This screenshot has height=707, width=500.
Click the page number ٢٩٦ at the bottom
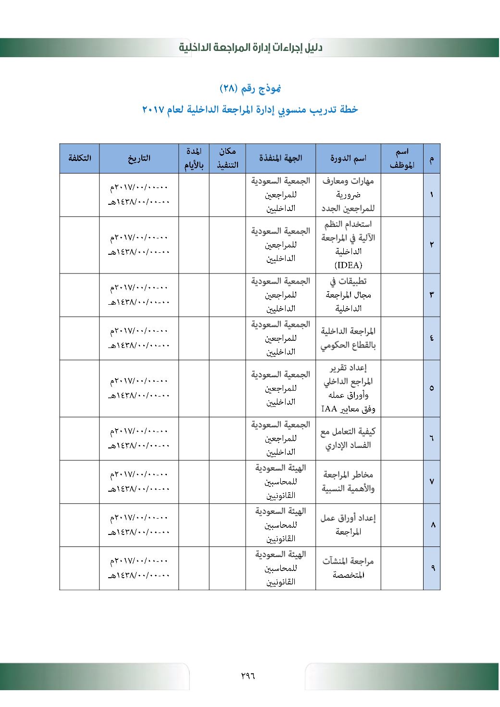(248, 676)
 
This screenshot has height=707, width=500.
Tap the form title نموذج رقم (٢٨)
(250, 88)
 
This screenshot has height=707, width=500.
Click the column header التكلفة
(79, 158)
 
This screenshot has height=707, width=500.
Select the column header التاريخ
(139, 158)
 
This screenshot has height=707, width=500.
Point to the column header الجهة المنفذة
(281, 158)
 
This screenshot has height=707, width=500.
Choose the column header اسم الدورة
(348, 158)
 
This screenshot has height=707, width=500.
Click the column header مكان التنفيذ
(227, 158)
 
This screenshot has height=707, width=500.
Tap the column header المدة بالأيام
(194, 158)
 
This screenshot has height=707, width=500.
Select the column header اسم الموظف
(402, 158)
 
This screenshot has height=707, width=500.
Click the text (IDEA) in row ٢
(348, 265)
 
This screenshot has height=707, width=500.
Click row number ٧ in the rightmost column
(432, 482)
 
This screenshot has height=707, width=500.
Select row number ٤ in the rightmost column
(432, 338)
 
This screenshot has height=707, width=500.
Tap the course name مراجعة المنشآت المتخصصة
(348, 568)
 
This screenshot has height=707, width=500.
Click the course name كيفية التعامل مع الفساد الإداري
(348, 438)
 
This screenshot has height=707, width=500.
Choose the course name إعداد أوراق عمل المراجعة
(348, 524)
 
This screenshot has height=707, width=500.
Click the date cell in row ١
(139, 195)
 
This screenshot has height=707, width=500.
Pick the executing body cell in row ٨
(281, 525)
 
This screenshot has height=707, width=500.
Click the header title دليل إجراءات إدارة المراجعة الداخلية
(250, 48)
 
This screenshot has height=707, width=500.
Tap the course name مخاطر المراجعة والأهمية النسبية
(348, 482)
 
